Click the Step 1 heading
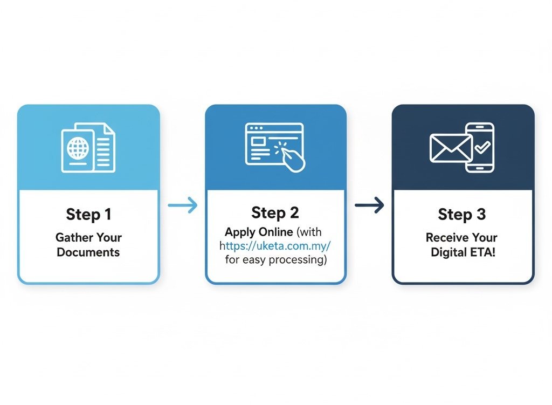click(88, 214)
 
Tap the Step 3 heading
click(462, 214)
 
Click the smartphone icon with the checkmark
click(480, 147)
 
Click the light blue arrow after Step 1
click(183, 205)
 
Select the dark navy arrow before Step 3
click(369, 205)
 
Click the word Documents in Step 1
click(88, 252)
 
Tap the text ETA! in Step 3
click(483, 252)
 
